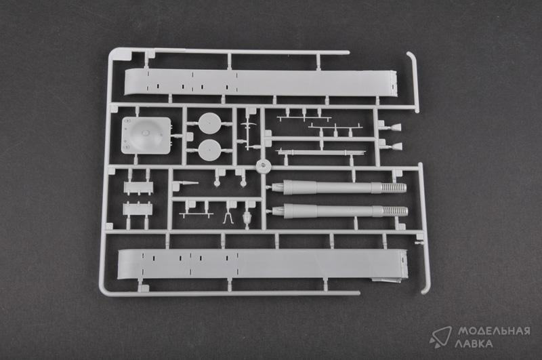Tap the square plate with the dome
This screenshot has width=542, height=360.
click(146, 136)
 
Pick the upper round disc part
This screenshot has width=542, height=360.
click(210, 123)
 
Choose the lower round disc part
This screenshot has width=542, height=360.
click(210, 150)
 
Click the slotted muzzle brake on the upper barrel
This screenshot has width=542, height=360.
click(393, 188)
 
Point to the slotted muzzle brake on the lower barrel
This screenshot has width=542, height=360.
click(394, 211)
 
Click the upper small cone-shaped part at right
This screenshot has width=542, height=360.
click(396, 127)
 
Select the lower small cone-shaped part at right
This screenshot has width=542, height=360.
click(396, 146)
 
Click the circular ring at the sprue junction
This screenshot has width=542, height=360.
click(263, 166)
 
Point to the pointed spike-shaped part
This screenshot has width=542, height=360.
click(187, 183)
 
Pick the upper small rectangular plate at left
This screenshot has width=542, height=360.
click(138, 187)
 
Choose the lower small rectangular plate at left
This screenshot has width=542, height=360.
click(138, 209)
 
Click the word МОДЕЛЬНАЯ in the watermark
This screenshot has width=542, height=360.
click(494, 332)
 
